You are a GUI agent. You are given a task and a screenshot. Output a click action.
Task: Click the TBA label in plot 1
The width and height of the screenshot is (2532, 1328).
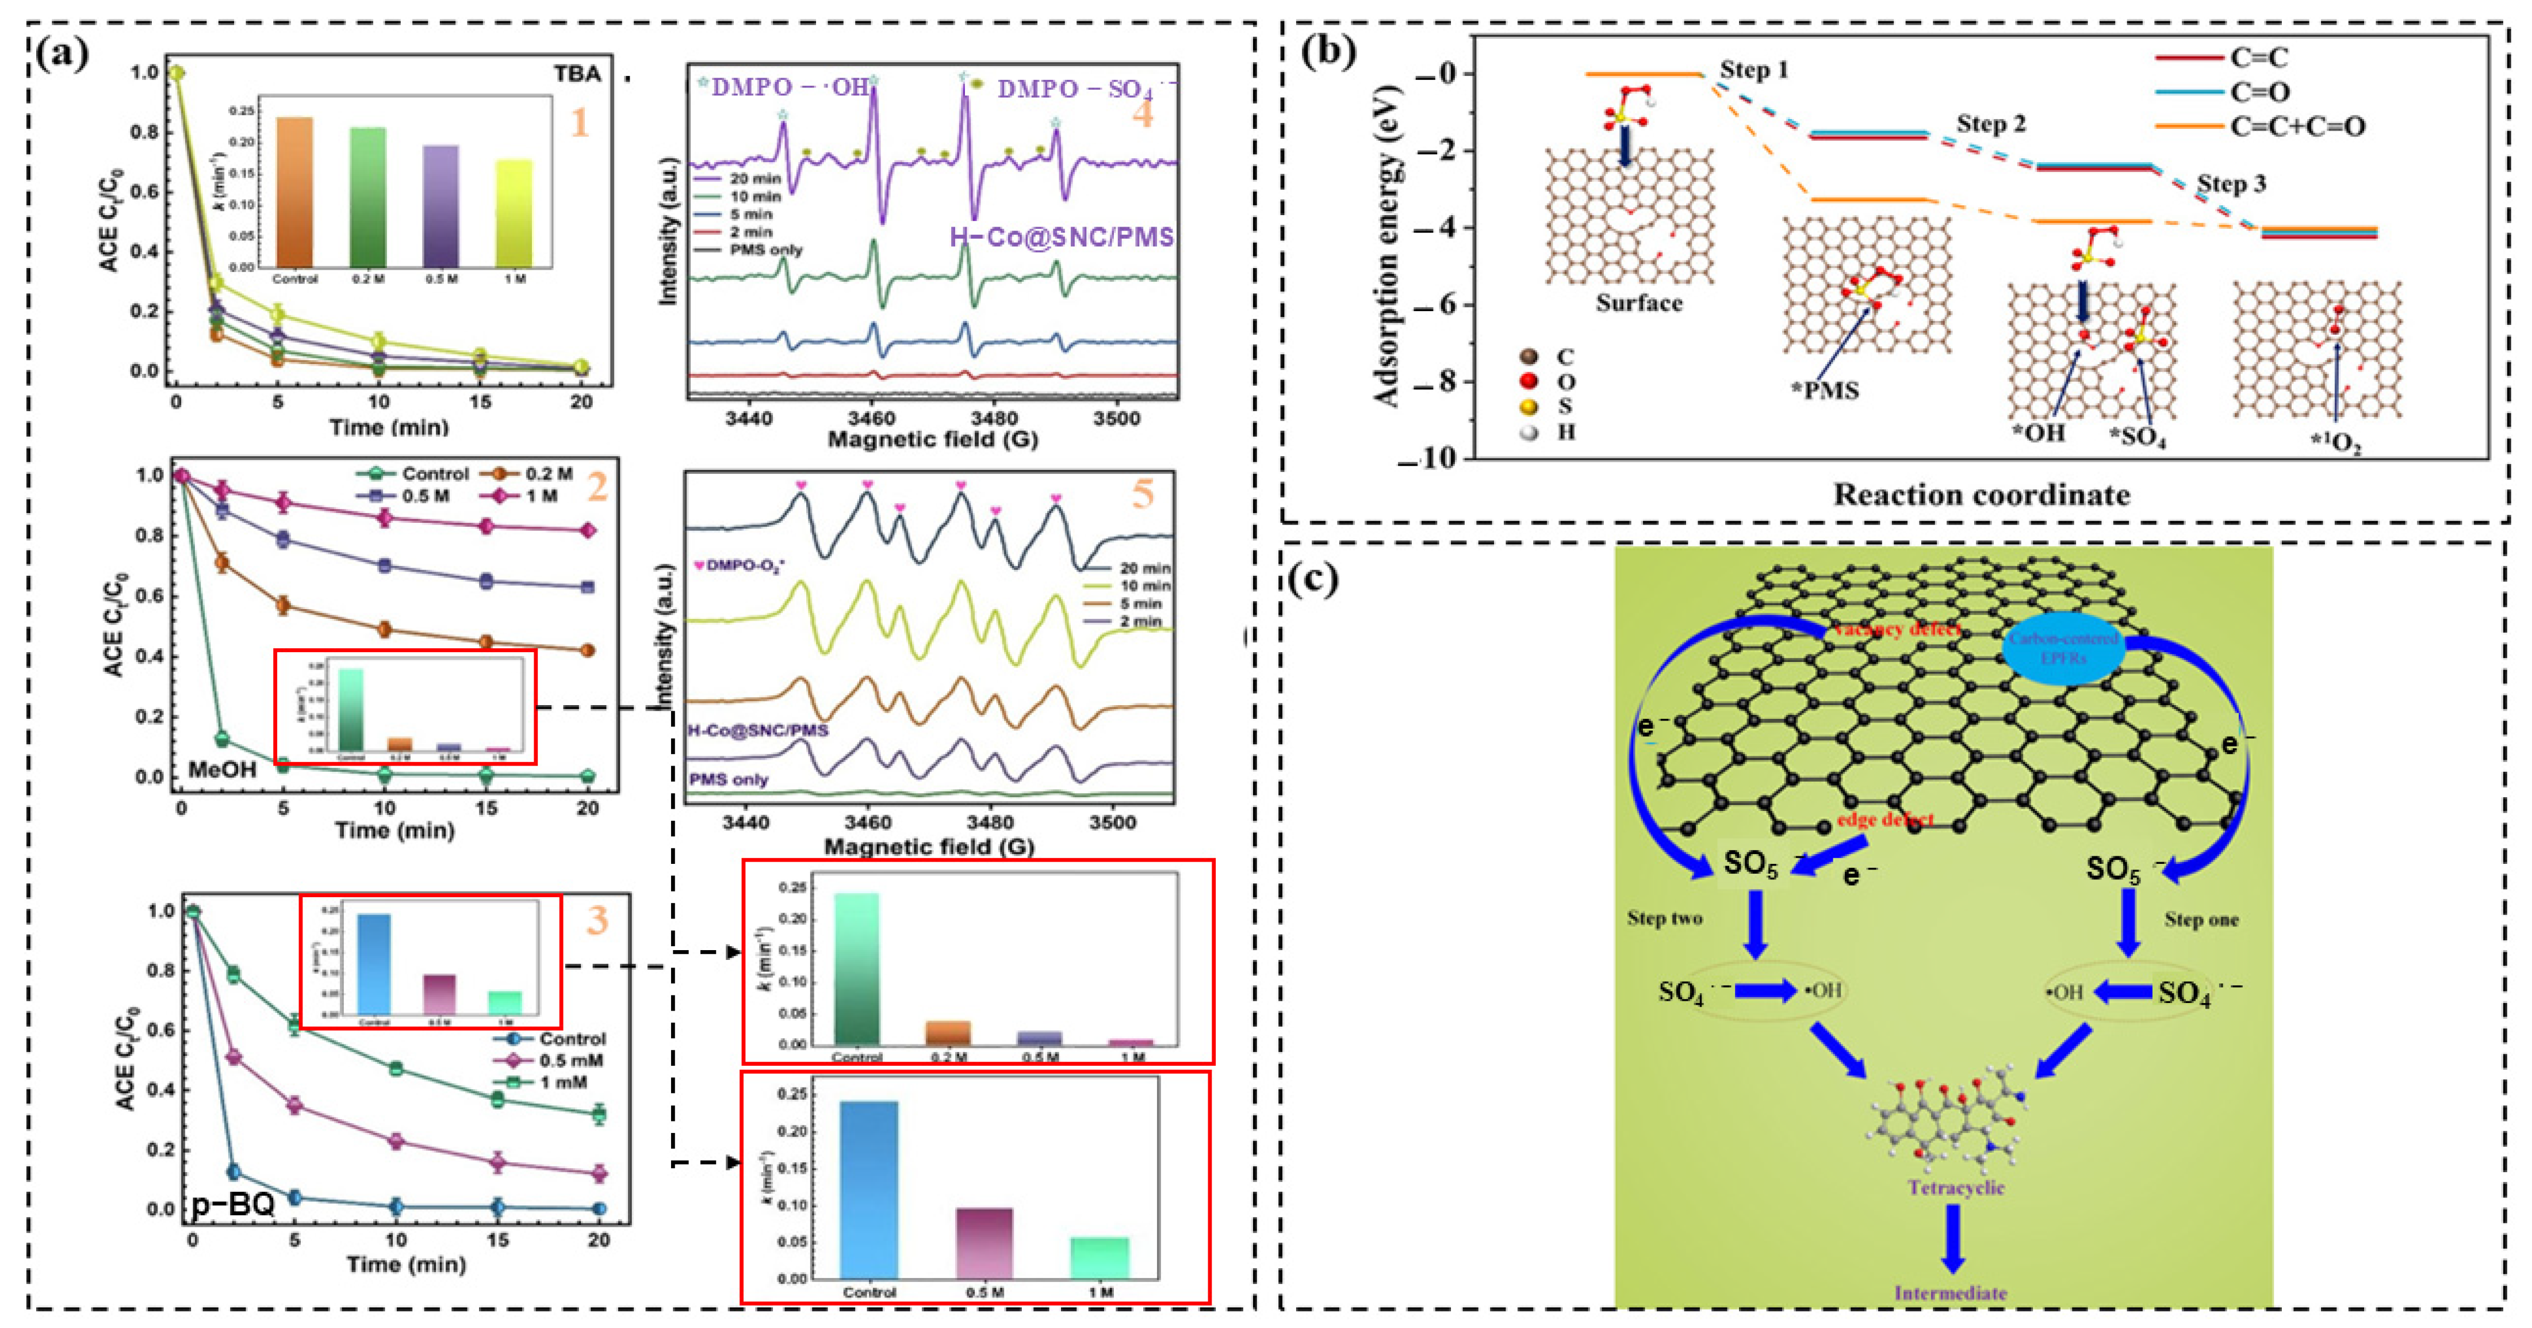tap(577, 74)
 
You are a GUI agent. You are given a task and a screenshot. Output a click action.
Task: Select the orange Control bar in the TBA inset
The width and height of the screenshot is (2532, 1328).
tap(295, 191)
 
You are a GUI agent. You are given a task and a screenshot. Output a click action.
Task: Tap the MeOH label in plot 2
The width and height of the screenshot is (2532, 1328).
tap(222, 769)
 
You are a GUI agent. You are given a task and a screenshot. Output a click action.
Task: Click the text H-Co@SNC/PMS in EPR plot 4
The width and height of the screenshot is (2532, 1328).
tap(1062, 237)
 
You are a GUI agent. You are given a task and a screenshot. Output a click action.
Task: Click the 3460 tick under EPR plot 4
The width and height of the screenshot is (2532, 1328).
tap(870, 418)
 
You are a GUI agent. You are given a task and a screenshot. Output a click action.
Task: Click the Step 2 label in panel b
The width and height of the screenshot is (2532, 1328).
tap(1990, 124)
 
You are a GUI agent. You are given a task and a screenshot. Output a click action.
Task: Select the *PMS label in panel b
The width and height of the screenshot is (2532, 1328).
tap(1825, 391)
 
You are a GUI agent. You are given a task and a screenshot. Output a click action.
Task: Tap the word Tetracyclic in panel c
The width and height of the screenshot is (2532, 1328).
tap(1956, 1188)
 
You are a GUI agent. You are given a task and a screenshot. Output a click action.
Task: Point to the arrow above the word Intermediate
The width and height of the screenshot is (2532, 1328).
tap(1953, 1238)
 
